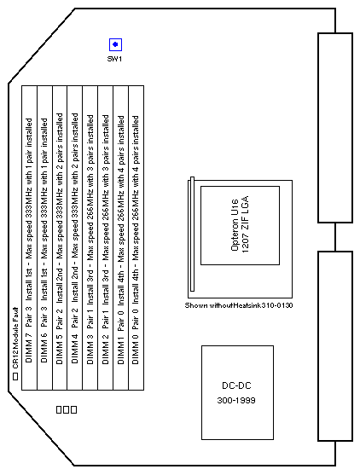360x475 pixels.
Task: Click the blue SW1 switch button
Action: point(115,44)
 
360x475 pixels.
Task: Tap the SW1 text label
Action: point(114,59)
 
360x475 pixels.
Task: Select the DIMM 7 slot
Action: point(29,238)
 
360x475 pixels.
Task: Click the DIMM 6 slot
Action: point(45,238)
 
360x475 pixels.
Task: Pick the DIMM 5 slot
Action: point(60,238)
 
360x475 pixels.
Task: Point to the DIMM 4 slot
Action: point(75,238)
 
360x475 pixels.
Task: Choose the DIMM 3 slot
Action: point(90,238)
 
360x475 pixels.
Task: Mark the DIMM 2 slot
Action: point(106,238)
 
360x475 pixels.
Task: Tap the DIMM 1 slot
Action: point(121,238)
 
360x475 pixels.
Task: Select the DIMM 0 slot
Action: point(136,238)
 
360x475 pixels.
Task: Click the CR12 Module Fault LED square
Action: point(15,377)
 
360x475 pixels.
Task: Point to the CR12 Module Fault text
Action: point(15,338)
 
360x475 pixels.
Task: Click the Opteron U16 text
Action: point(235,225)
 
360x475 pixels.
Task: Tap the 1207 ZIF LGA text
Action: point(245,224)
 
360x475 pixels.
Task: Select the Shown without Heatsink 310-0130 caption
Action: point(239,305)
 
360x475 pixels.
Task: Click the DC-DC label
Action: point(236,385)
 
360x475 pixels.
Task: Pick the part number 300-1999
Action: point(236,401)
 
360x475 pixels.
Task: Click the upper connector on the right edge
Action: point(335,128)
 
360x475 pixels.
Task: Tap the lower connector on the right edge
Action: point(335,346)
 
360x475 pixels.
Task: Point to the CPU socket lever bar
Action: point(192,234)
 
